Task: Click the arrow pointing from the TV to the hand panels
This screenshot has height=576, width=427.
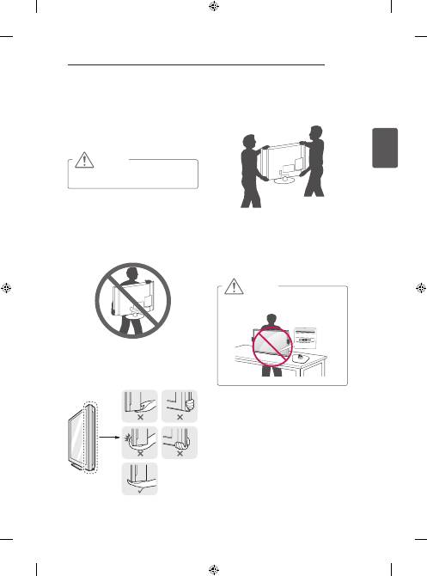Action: [110, 435]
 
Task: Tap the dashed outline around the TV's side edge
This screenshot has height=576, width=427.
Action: [93, 430]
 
